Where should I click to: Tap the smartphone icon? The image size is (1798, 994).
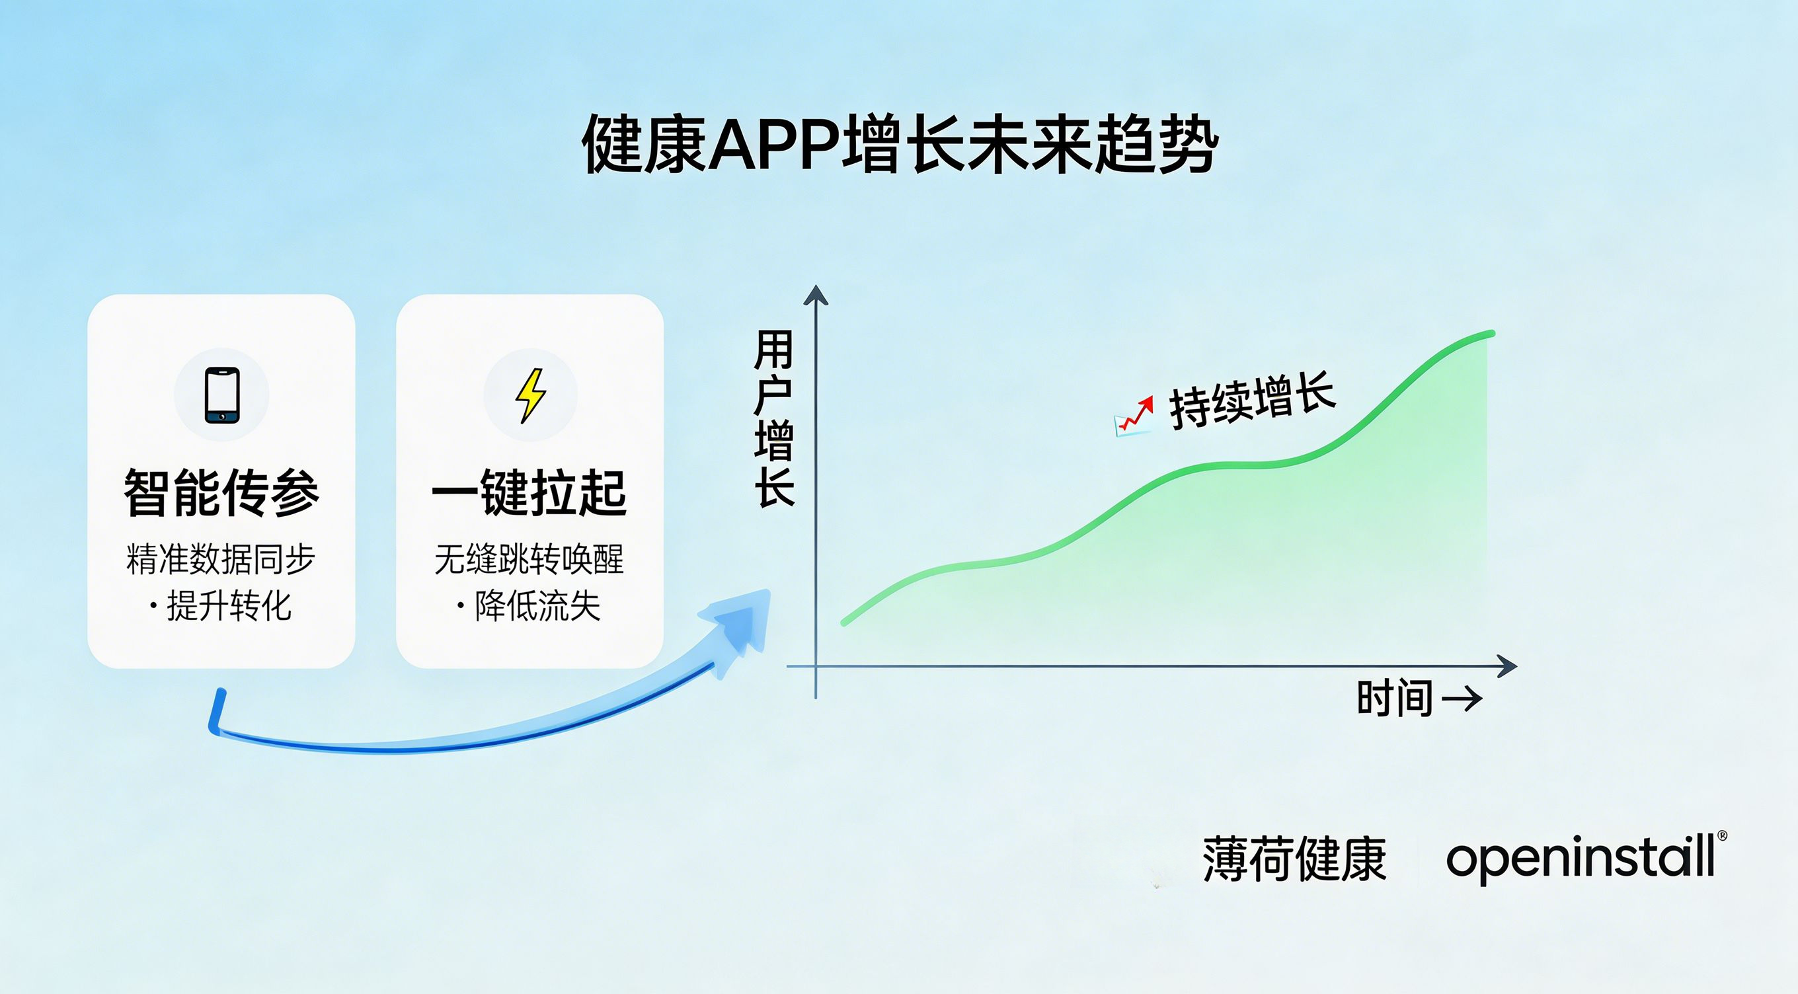222,395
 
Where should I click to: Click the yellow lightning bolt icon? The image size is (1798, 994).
530,395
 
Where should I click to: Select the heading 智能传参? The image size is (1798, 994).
221,493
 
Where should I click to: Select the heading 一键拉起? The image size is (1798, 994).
529,493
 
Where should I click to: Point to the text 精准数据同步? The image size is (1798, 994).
221,559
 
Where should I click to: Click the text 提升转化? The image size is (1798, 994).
229,605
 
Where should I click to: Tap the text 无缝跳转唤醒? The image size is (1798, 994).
529,559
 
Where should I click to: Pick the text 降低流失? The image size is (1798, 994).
537,605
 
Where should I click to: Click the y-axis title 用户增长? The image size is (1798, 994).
774,418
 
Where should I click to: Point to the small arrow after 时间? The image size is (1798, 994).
1462,699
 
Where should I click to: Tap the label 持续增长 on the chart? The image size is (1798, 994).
1252,401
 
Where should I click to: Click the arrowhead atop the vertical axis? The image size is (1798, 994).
815,295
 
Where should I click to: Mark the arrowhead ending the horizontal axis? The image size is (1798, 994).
1506,667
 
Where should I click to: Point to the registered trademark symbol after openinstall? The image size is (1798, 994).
1722,836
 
